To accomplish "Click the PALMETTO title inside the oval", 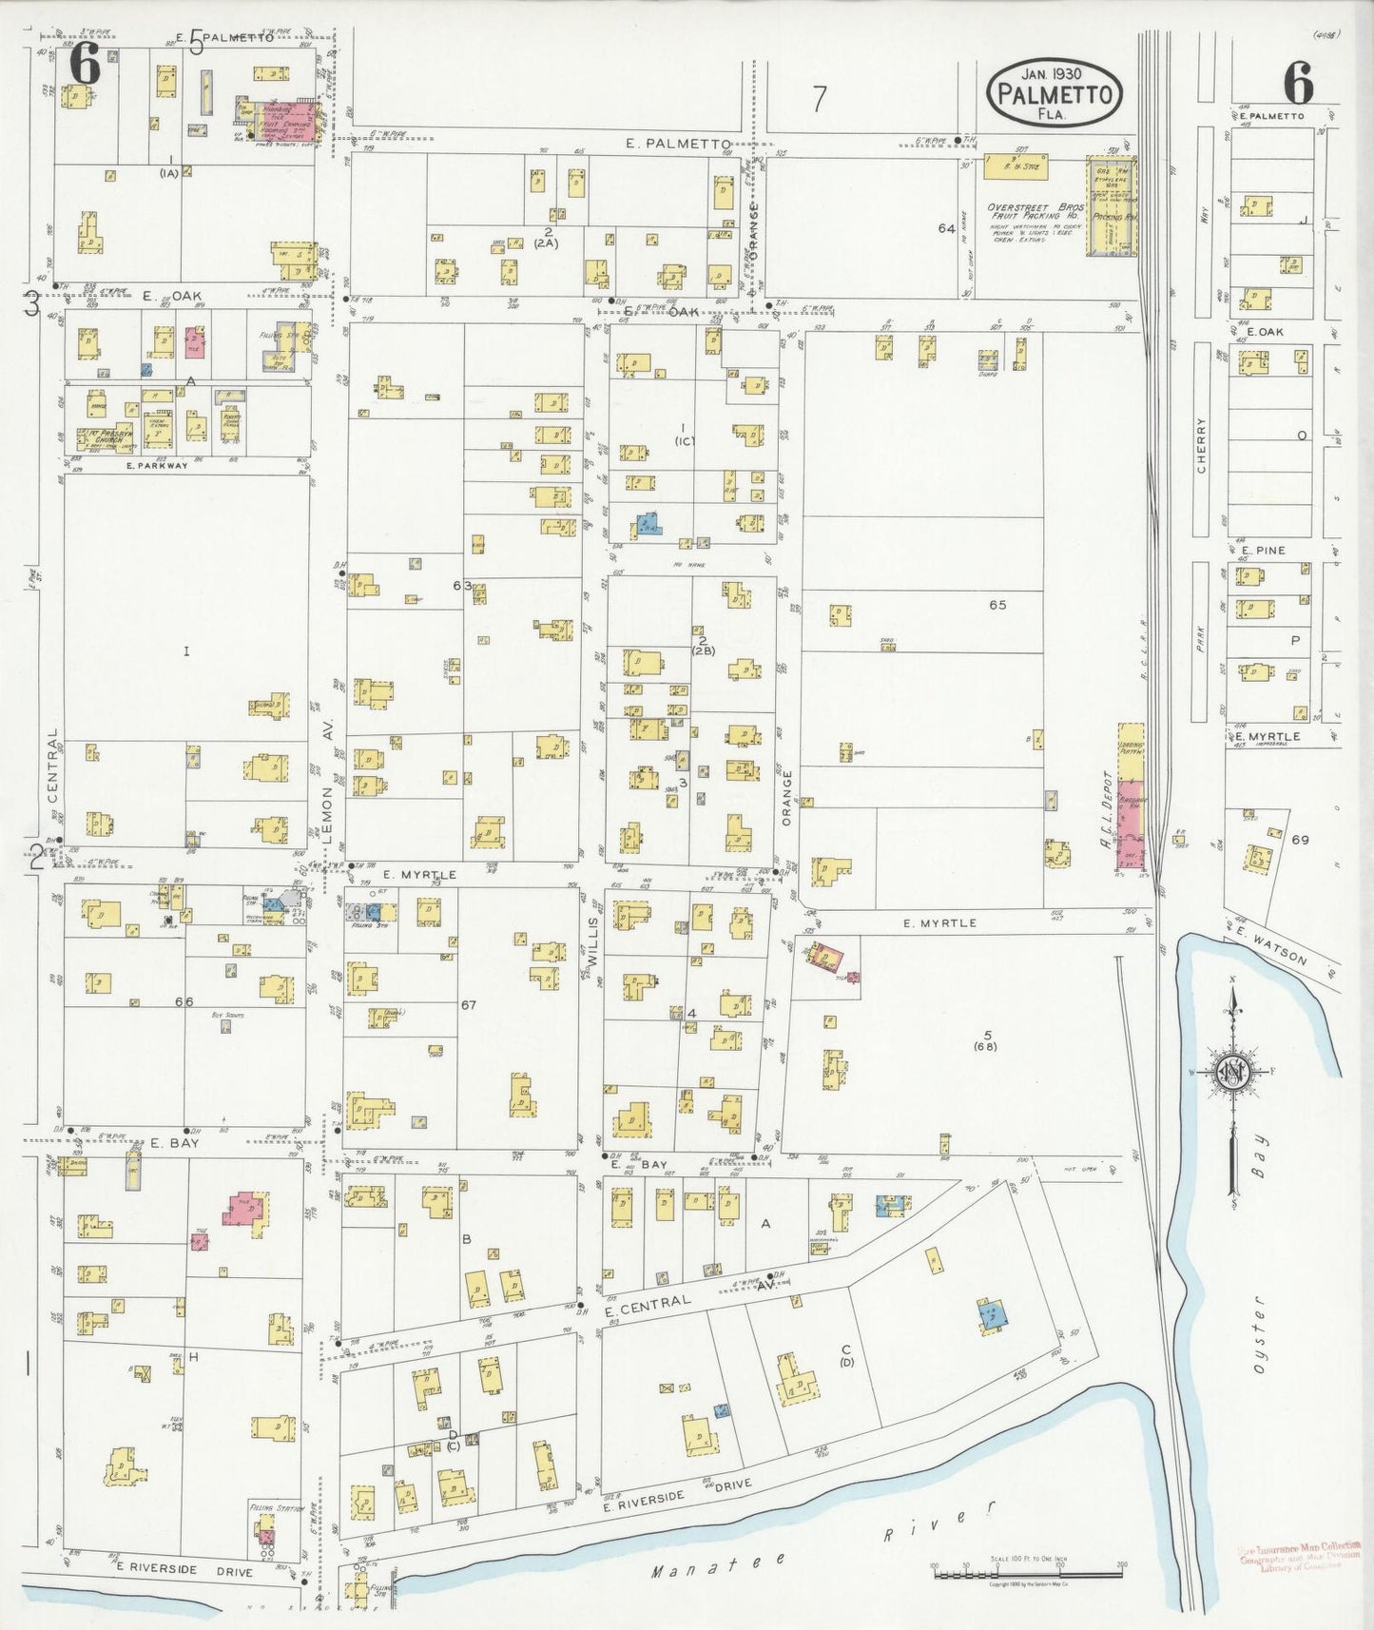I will (x=1055, y=94).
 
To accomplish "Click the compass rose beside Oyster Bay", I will (x=1233, y=1073).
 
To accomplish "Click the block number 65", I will (x=997, y=605).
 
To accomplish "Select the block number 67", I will (x=468, y=1004).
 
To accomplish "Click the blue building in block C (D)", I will (x=992, y=1315).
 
